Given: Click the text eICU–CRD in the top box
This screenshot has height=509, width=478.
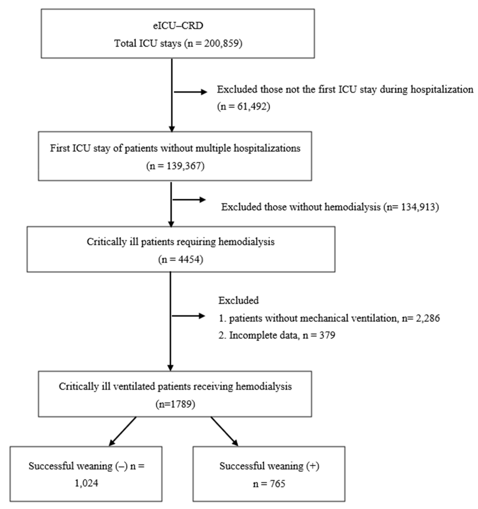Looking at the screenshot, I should pyautogui.click(x=178, y=26).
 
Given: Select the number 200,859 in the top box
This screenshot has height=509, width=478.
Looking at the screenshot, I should pyautogui.click(x=222, y=43).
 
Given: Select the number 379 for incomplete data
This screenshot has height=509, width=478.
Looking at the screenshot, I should pyautogui.click(x=327, y=335).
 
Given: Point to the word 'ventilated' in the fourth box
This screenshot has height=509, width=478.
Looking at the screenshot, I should pyautogui.click(x=134, y=386).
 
